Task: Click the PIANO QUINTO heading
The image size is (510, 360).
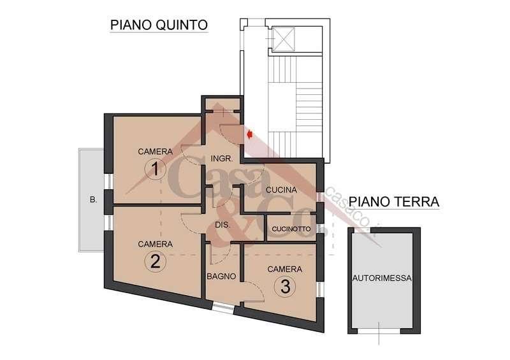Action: [159, 25]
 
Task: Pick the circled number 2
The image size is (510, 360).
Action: [155, 261]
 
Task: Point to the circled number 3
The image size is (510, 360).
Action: [284, 287]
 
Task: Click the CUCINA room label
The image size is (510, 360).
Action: [281, 190]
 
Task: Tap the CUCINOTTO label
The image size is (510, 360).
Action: [291, 229]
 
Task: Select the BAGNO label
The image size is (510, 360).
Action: [221, 277]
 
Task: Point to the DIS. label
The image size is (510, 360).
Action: [222, 225]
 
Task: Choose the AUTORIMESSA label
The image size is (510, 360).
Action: [382, 278]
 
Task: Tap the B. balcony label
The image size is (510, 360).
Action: [93, 200]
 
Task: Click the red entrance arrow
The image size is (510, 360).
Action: [251, 134]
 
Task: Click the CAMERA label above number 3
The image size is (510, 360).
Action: [284, 269]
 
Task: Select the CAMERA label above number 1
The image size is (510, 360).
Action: [155, 152]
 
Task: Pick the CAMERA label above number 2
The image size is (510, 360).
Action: [155, 244]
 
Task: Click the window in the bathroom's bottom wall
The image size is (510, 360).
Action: [223, 308]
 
